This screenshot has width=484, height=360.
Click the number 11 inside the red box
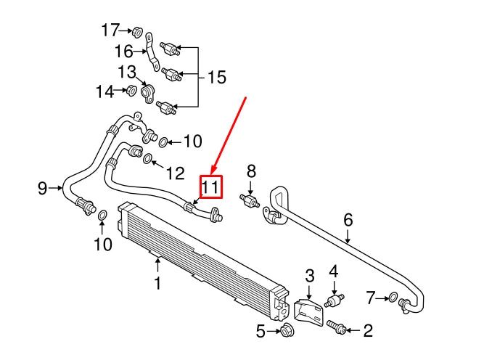(210, 187)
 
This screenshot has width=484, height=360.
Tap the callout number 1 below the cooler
(157, 282)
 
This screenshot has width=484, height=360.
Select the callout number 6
(348, 219)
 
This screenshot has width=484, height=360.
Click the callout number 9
(42, 189)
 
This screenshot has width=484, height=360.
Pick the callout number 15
(216, 76)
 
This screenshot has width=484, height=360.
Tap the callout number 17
(110, 30)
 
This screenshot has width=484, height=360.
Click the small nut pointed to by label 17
(136, 30)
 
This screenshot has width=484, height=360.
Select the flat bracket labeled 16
(152, 49)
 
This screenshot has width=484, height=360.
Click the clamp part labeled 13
(148, 93)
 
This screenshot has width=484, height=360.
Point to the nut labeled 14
(131, 91)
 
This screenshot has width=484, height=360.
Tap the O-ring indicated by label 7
(393, 297)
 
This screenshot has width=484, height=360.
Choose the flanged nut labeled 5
(284, 332)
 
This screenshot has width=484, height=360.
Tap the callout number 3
(309, 275)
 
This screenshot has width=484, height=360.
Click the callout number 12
(175, 173)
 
